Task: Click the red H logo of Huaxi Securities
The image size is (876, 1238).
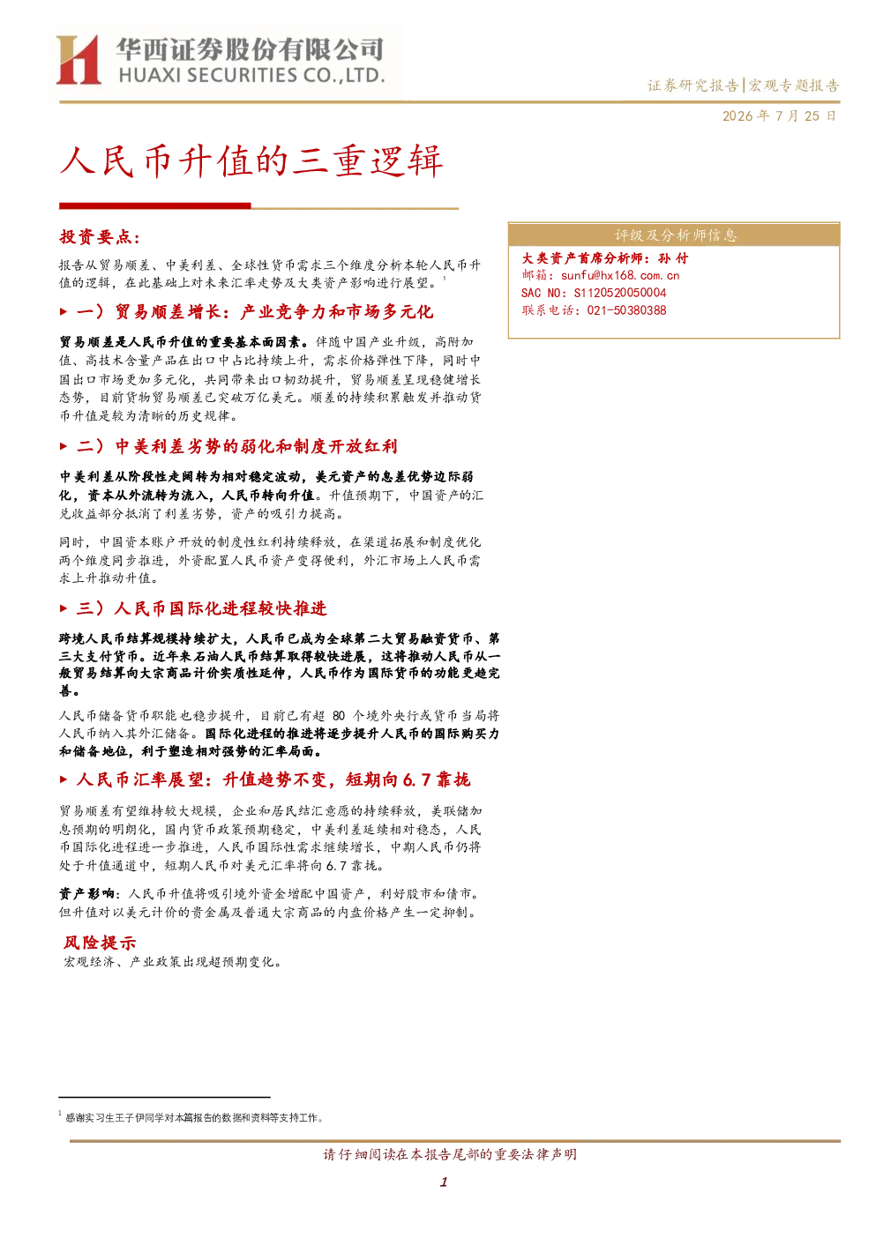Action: click(x=79, y=60)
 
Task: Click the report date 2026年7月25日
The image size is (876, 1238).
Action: click(x=779, y=116)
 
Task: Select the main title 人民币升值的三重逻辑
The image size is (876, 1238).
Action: click(x=251, y=161)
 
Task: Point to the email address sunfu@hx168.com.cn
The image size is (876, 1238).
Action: click(x=620, y=275)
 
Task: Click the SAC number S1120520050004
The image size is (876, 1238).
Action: click(x=620, y=293)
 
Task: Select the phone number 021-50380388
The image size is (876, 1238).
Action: click(x=626, y=310)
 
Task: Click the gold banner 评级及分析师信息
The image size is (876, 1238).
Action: click(x=674, y=235)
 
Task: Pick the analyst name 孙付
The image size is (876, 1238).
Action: click(x=673, y=258)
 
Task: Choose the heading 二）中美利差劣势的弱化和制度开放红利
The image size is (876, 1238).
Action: click(x=236, y=446)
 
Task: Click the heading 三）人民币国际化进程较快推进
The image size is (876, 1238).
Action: click(x=201, y=608)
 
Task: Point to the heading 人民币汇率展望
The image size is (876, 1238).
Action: click(x=140, y=779)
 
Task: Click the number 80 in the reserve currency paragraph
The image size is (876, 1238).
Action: click(x=338, y=716)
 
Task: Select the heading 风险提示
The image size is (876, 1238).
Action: click(x=99, y=943)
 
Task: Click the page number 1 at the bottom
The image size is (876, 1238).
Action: click(x=443, y=1182)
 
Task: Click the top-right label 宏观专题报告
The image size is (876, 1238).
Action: click(x=794, y=86)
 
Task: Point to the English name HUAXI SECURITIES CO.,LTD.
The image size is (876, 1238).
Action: click(x=251, y=76)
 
